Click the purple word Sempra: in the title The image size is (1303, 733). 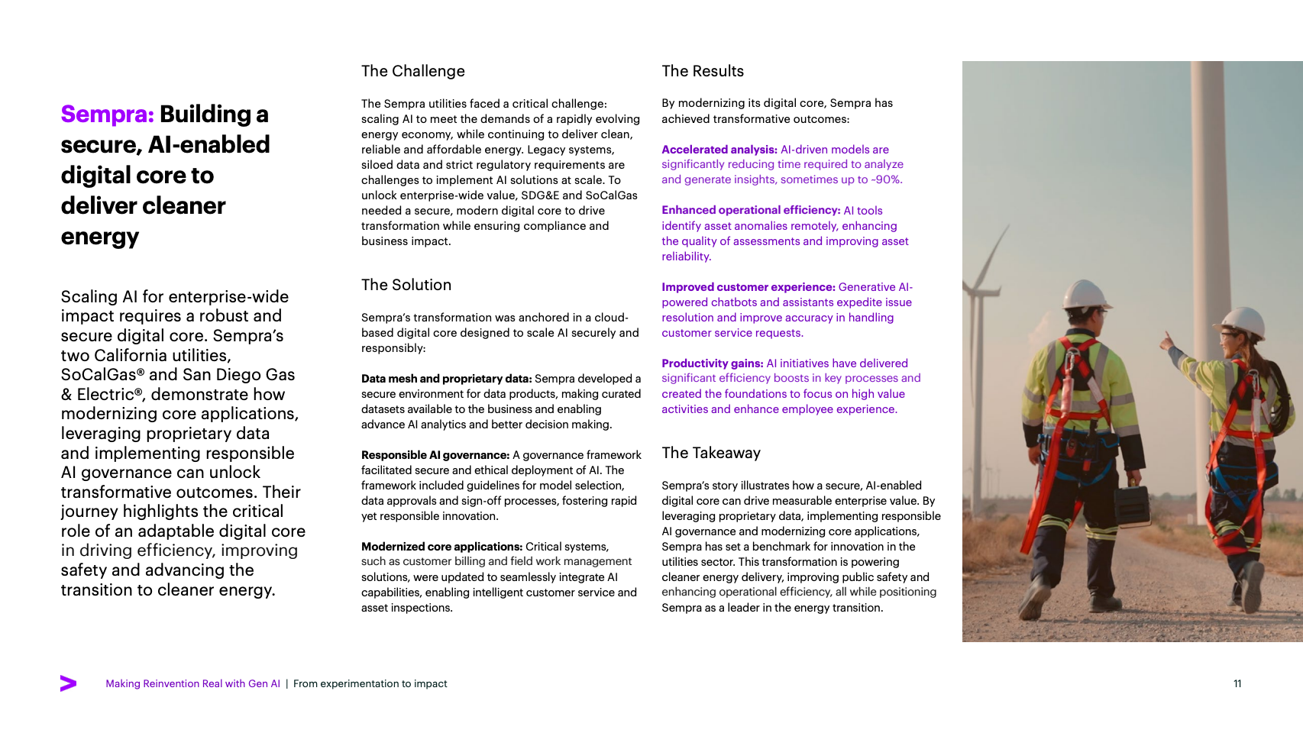[x=108, y=115]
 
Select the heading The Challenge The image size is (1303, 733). [x=412, y=71]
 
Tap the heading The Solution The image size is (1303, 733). [x=406, y=285]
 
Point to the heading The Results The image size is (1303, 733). [x=702, y=71]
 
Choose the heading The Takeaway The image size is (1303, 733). [x=710, y=453]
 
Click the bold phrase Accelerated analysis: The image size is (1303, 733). [x=719, y=150]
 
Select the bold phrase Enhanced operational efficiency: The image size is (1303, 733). [x=750, y=210]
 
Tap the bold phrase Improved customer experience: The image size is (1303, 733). [x=748, y=287]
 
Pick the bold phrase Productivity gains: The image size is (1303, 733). [x=712, y=363]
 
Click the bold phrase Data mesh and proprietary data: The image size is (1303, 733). [x=446, y=379]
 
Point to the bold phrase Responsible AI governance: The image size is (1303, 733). [x=435, y=455]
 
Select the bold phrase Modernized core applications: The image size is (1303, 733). [x=441, y=547]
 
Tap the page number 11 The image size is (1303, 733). [x=1237, y=683]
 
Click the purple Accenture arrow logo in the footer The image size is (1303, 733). [x=68, y=683]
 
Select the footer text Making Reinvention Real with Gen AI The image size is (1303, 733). [x=192, y=683]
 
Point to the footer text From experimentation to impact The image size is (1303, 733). [x=370, y=683]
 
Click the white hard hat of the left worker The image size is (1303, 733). [x=1088, y=295]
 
